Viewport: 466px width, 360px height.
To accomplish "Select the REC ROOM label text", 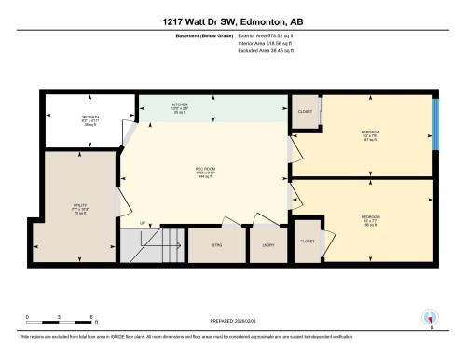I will point(207,171).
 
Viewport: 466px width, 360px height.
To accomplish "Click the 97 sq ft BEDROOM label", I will point(370,134).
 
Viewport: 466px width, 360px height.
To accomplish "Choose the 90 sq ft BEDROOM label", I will point(370,219).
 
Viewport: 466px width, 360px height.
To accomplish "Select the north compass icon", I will point(430,318).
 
